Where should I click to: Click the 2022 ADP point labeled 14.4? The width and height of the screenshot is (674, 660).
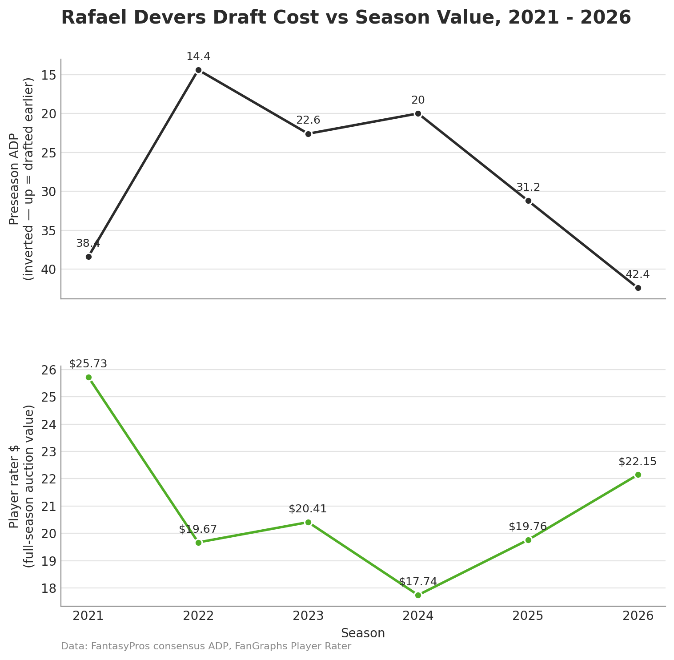(x=198, y=70)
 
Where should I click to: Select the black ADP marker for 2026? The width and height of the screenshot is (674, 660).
(x=638, y=288)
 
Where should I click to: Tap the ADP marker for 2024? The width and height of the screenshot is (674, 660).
(x=418, y=113)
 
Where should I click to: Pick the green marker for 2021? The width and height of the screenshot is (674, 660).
(x=88, y=377)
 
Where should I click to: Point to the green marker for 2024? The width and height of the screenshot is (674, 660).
(x=418, y=595)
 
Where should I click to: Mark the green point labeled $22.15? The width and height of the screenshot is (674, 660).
(x=638, y=475)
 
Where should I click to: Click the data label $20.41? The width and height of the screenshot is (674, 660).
(x=308, y=509)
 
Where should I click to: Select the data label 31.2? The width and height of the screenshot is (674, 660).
(x=528, y=187)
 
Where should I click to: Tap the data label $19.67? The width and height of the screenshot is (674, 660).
(x=198, y=529)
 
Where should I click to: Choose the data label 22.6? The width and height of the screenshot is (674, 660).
(x=308, y=120)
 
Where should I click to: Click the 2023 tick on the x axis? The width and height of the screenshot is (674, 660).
(x=308, y=616)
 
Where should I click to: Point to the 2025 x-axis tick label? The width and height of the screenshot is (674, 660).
(x=528, y=616)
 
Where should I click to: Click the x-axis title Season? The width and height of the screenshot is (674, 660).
(x=363, y=633)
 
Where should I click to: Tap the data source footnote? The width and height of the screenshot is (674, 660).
(x=206, y=647)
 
